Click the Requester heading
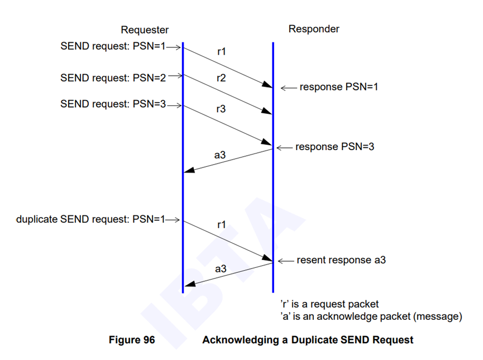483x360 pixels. tap(145, 30)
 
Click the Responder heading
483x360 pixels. tap(314, 28)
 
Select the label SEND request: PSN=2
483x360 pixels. tap(113, 78)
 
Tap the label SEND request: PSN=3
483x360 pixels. tap(113, 104)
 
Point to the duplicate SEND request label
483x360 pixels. tap(91, 219)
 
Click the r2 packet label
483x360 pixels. tap(222, 78)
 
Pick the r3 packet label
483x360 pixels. tap(222, 109)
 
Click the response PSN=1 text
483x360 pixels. tap(339, 87)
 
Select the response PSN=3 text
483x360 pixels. tap(334, 147)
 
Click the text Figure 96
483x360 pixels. tap(132, 339)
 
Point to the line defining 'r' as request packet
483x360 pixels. tap(329, 304)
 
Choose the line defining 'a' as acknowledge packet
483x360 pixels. tap(371, 316)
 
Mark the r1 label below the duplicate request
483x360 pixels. tap(222, 225)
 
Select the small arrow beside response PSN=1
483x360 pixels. tap(288, 88)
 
